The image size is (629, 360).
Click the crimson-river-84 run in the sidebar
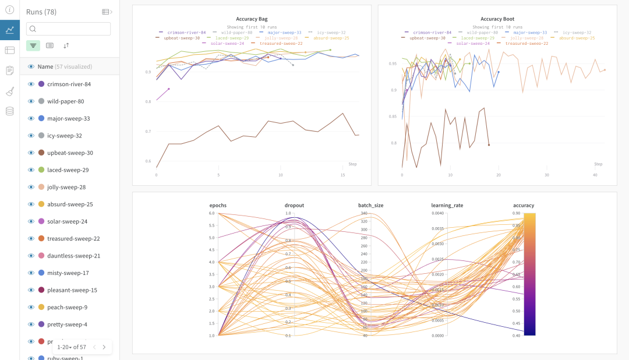click(69, 84)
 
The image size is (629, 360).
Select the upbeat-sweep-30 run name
click(70, 153)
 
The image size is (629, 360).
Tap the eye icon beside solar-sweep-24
click(31, 221)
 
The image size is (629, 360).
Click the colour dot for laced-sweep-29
click(41, 170)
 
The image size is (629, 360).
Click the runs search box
click(69, 29)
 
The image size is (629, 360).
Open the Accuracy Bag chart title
click(252, 19)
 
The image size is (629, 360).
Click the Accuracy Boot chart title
click(497, 19)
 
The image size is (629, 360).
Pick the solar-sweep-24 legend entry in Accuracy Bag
click(227, 43)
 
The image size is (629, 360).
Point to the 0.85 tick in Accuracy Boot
click(393, 117)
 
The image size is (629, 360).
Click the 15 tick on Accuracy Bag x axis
click(343, 175)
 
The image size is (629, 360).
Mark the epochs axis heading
click(218, 205)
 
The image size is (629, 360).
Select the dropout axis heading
click(294, 205)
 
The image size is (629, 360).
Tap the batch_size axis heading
click(370, 205)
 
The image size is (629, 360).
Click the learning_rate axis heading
click(447, 205)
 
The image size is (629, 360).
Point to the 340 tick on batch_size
click(364, 213)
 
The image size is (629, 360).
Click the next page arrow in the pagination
click(104, 347)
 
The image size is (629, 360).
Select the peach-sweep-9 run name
click(67, 307)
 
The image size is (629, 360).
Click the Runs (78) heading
click(41, 12)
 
